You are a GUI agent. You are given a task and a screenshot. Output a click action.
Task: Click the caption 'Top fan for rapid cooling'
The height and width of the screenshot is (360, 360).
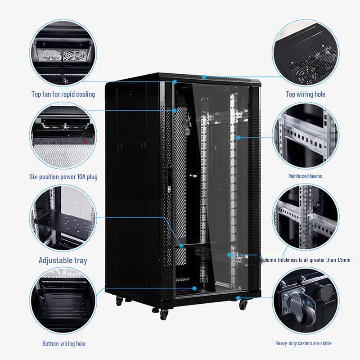click(x=63, y=94)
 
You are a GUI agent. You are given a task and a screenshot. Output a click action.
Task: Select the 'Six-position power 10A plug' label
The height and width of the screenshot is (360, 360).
click(x=63, y=177)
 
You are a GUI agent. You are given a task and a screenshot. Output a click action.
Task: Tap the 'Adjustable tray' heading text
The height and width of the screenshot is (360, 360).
click(x=63, y=260)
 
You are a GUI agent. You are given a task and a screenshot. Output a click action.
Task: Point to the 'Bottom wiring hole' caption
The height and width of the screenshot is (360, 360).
click(x=63, y=344)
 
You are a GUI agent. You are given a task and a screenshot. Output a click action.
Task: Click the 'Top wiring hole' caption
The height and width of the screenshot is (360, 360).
click(x=305, y=94)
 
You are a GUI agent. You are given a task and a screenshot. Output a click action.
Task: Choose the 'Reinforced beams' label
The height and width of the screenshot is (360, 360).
click(x=305, y=176)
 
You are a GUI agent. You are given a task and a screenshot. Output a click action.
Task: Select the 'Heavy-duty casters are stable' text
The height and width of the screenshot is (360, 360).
click(x=303, y=343)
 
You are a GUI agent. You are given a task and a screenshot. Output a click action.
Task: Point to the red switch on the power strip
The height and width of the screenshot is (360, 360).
click(x=84, y=141)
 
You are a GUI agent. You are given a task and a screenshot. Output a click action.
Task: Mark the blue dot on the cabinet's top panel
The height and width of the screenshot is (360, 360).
click(x=204, y=77)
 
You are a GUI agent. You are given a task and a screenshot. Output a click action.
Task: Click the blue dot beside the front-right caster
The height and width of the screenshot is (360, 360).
click(x=238, y=298)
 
